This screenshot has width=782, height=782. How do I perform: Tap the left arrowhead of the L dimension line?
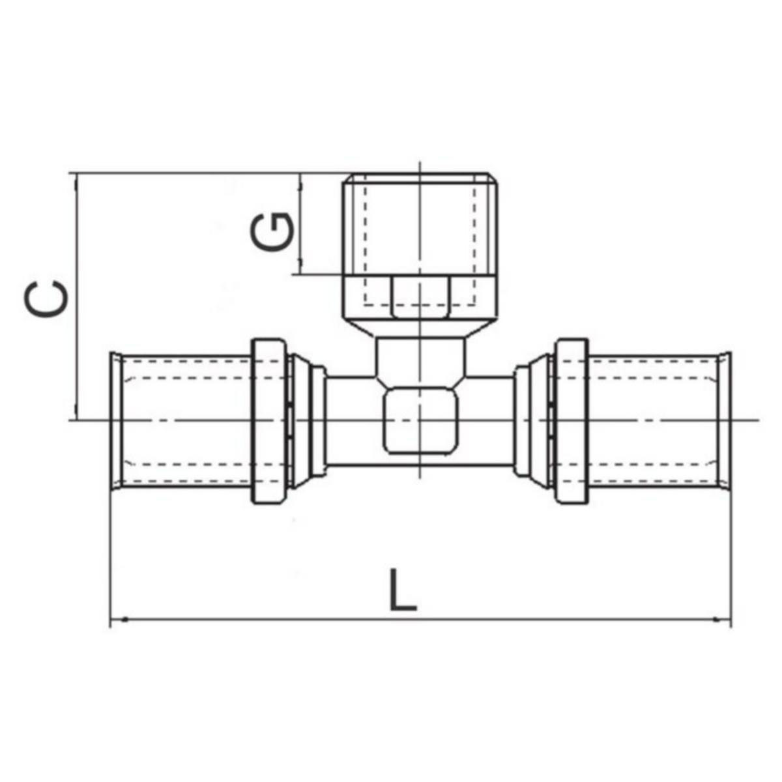pos(117,618)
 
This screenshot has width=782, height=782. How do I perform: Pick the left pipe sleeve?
pos(186,421)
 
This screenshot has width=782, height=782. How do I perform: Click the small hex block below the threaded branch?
pos(420,297)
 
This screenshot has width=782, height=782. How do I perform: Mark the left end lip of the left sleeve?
pos(115,421)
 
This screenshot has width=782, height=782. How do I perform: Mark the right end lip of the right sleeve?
pos(725,421)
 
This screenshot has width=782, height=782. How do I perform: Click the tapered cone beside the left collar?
pos(300,421)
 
